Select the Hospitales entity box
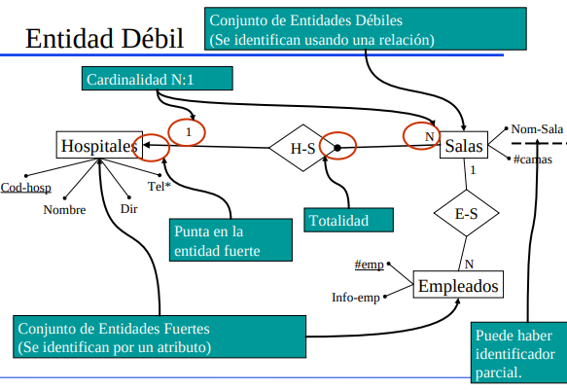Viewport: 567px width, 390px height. click(98, 146)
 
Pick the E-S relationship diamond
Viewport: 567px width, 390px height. click(465, 214)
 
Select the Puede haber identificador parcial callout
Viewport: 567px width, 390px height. click(516, 352)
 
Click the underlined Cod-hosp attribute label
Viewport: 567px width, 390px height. click(26, 189)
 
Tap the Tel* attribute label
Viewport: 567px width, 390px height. click(159, 187)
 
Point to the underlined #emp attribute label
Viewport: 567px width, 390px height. click(369, 265)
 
